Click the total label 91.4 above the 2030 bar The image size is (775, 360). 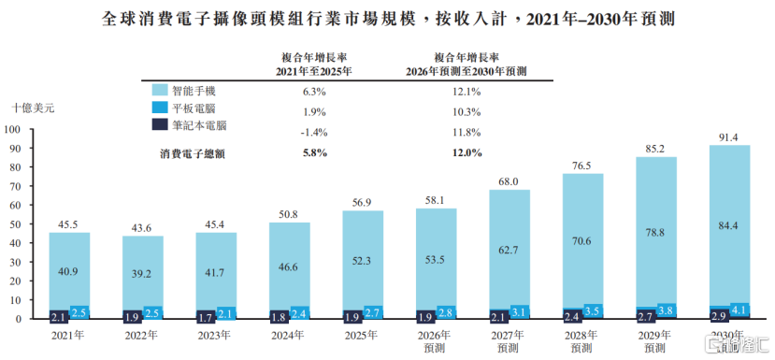[x=729, y=138]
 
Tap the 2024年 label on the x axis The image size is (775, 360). [x=288, y=335]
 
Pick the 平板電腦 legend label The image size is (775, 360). [x=194, y=108]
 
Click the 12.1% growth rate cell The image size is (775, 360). [x=468, y=92]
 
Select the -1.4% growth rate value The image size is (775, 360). [x=315, y=133]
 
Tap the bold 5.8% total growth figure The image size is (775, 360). [x=315, y=152]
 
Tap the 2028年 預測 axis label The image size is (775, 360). [x=581, y=341]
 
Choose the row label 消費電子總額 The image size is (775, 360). [x=192, y=153]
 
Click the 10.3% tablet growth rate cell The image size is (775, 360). [x=468, y=112]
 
